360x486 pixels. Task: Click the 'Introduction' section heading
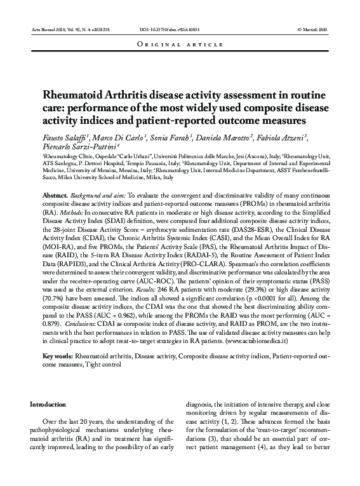pyautogui.click(x=48, y=404)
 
